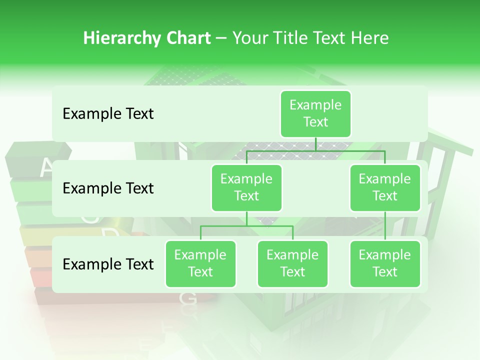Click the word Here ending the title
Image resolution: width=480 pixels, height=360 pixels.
370,38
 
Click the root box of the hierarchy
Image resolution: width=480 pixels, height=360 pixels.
315,113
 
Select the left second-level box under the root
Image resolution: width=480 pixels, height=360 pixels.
246,187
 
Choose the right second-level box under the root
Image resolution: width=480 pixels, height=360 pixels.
385,187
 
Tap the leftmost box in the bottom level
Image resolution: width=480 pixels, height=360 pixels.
200,263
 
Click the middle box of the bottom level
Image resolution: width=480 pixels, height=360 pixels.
292,263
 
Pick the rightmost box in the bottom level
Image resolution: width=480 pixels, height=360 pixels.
385,263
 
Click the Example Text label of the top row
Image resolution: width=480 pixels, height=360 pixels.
108,114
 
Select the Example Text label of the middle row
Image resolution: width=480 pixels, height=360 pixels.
108,188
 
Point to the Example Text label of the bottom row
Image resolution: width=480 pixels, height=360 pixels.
108,264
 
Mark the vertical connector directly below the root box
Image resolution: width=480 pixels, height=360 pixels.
315,144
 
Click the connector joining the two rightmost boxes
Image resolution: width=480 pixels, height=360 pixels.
385,226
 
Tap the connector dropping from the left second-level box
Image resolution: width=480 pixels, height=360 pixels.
246,218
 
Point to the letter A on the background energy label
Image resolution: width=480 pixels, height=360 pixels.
46,168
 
